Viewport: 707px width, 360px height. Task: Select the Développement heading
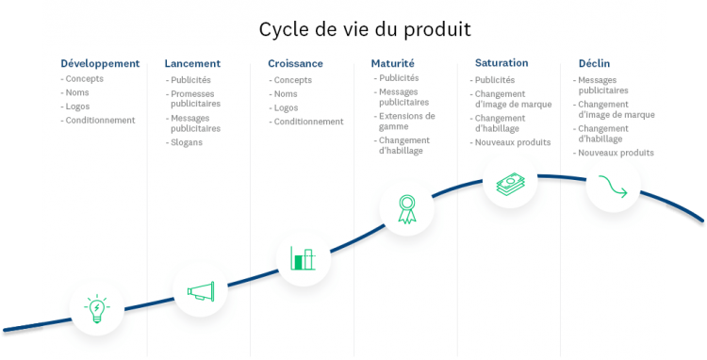pos(100,63)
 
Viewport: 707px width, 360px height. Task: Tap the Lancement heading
pos(192,63)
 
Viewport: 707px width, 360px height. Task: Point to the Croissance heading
pos(295,63)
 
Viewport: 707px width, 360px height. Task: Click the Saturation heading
pos(501,63)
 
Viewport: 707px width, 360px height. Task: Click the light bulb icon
pos(96,309)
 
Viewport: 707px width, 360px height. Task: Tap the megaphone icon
pos(201,291)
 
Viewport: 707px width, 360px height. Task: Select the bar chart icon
pos(303,258)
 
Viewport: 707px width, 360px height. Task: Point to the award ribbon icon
pos(406,208)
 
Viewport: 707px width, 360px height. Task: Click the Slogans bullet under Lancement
pos(187,142)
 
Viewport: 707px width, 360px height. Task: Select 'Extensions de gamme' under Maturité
pos(406,121)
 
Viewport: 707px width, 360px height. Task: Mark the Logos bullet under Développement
pos(78,106)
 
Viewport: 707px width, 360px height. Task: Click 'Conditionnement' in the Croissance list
pos(309,122)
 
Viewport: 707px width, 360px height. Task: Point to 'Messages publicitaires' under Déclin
pos(603,86)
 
